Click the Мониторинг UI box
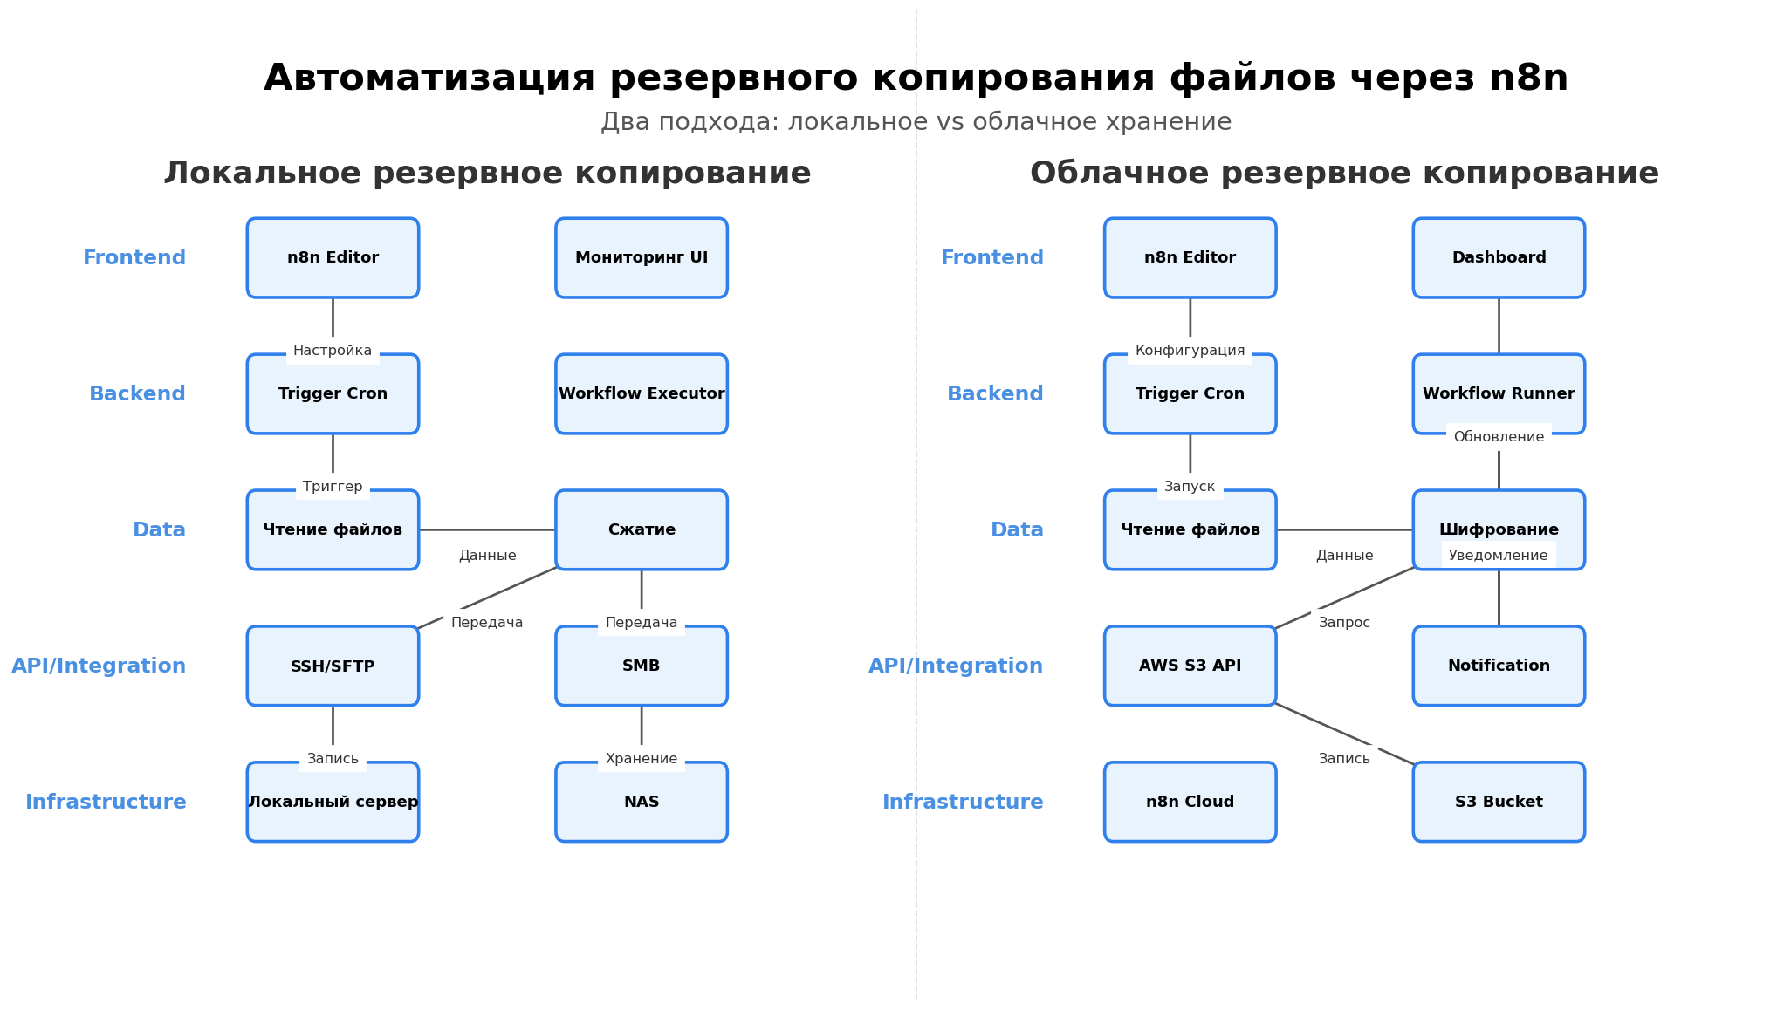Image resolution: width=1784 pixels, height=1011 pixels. tap(642, 258)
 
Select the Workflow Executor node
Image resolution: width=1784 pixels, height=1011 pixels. tap(642, 394)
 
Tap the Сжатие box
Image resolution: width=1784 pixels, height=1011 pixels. tap(642, 530)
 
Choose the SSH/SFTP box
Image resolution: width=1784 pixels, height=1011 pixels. tap(333, 666)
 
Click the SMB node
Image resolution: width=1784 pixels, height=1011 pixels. tap(642, 666)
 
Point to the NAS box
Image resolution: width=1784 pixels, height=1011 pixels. tap(642, 803)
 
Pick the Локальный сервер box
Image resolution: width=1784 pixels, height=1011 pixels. tap(333, 803)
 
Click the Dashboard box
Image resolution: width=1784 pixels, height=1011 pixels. tap(1499, 258)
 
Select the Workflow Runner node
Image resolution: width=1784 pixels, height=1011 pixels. tap(1499, 394)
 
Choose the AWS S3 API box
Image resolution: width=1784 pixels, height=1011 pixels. tap(1190, 666)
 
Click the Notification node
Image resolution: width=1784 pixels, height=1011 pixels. tap(1499, 666)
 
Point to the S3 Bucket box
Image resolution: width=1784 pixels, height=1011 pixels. tap(1499, 803)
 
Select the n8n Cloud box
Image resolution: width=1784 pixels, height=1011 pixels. tap(1190, 803)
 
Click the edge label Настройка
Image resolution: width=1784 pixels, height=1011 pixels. tap(333, 351)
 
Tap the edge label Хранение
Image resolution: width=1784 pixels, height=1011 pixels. tap(642, 759)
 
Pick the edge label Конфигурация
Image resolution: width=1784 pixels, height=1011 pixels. tap(1190, 351)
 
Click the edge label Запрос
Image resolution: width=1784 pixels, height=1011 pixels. tap(1344, 623)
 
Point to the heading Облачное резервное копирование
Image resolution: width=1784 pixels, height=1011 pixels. tap(1344, 174)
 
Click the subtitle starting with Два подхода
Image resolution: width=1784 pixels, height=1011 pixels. tap(916, 122)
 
